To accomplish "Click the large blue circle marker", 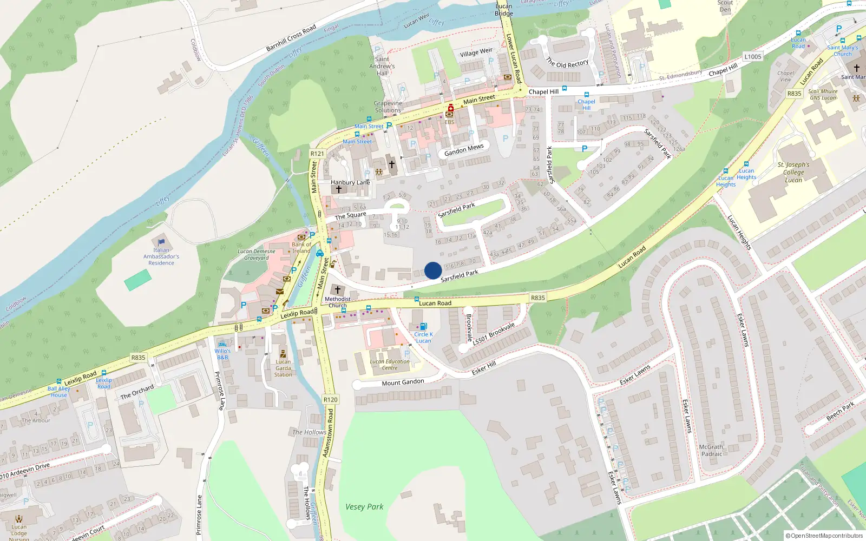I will [433, 270].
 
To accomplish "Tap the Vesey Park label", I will [364, 507].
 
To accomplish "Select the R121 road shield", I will [317, 154].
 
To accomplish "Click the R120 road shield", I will [330, 400].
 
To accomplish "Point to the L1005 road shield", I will [752, 57].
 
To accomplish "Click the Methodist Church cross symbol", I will [337, 291].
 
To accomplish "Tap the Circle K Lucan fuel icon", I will [423, 326].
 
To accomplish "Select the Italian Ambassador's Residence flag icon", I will [161, 242].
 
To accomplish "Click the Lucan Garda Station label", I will [283, 368].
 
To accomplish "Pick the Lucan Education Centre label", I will [390, 365].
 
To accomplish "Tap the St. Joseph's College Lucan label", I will [793, 172].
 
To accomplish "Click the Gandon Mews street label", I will [464, 150].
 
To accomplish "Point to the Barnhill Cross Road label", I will [291, 38].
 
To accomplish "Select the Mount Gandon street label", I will [403, 382].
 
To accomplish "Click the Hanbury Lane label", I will [350, 182].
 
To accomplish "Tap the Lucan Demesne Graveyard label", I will [257, 254].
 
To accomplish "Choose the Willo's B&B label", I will [222, 354].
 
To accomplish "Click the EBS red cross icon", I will [450, 108].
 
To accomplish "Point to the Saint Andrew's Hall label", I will [382, 66].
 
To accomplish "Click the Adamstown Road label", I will [328, 433].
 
